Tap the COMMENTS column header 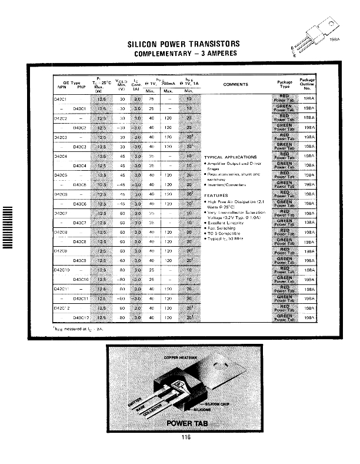235,84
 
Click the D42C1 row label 61,100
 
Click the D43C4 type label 81,165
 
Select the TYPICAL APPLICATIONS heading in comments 230,157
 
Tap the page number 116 186,437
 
